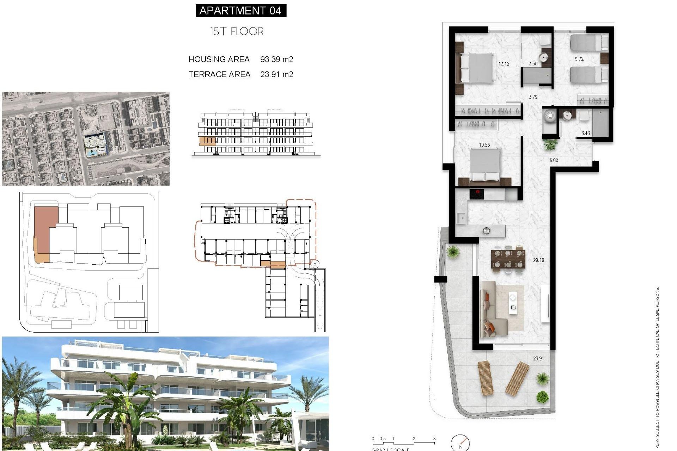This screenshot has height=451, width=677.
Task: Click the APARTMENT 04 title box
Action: pos(241,11)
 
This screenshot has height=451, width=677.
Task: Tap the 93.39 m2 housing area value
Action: pos(276,59)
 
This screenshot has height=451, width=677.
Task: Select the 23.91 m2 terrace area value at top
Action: pos(276,74)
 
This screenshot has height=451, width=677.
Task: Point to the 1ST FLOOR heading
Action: pos(237,31)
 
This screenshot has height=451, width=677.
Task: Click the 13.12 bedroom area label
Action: pos(504,64)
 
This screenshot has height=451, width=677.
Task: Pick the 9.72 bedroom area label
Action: pos(579,59)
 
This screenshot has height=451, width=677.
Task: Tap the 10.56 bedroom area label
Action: pos(484,144)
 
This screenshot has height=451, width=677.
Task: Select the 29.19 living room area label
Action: pos(538,260)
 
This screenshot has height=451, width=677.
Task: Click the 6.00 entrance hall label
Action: pos(554,160)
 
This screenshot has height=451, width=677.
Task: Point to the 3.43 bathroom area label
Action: pos(585,133)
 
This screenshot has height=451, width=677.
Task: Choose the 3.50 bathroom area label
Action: pos(533,64)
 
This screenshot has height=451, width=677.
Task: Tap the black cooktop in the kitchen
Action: pos(476,194)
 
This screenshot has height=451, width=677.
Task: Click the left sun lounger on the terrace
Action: pos(486,378)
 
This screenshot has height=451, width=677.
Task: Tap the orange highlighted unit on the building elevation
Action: pos(207,142)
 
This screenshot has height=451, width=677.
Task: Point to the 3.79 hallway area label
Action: pos(533,97)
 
